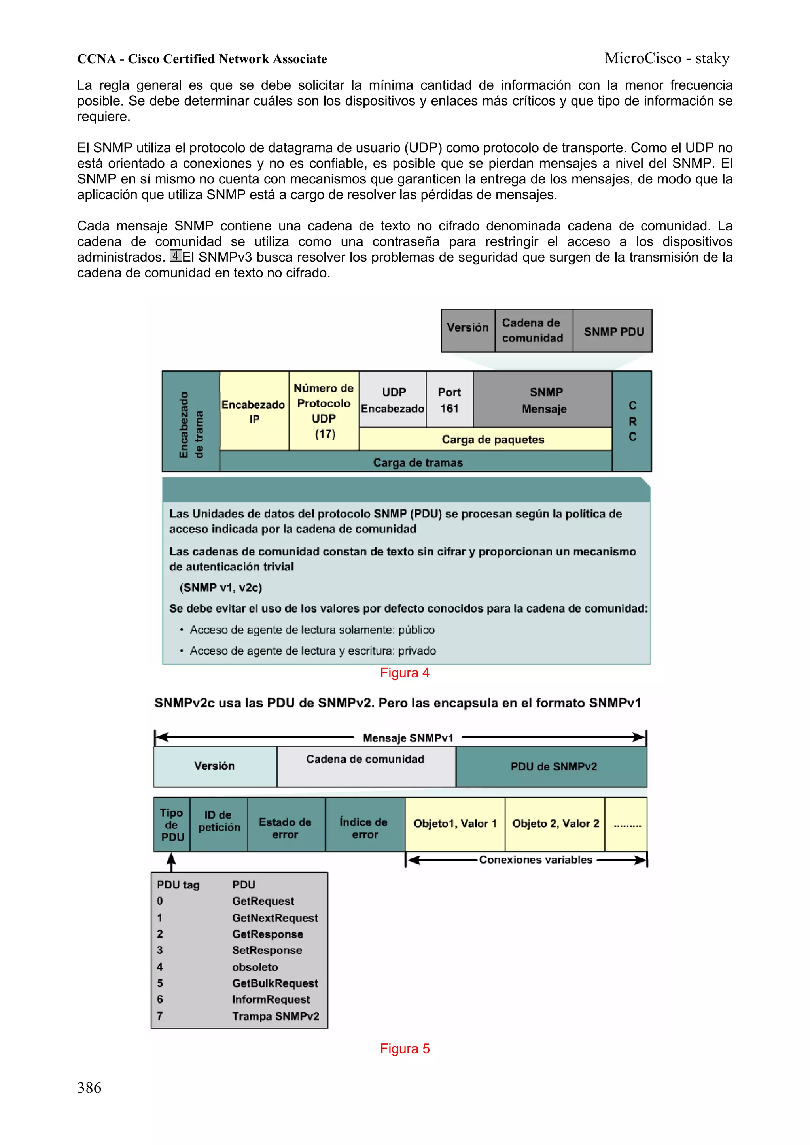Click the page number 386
click(89, 1088)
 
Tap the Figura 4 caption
click(404, 673)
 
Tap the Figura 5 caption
click(404, 1048)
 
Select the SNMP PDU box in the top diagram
click(613, 332)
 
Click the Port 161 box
click(449, 400)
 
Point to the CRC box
click(632, 421)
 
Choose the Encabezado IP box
click(254, 411)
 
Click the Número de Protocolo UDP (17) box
click(324, 411)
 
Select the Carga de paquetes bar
click(492, 440)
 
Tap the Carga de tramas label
click(418, 462)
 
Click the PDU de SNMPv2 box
click(553, 766)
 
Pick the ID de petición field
click(219, 821)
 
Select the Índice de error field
click(364, 828)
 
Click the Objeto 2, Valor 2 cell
click(555, 823)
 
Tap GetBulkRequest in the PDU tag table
click(274, 983)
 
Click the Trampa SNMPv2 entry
click(275, 1016)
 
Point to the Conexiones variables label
click(535, 860)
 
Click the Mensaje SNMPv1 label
click(408, 738)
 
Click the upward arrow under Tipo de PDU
click(171, 861)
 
